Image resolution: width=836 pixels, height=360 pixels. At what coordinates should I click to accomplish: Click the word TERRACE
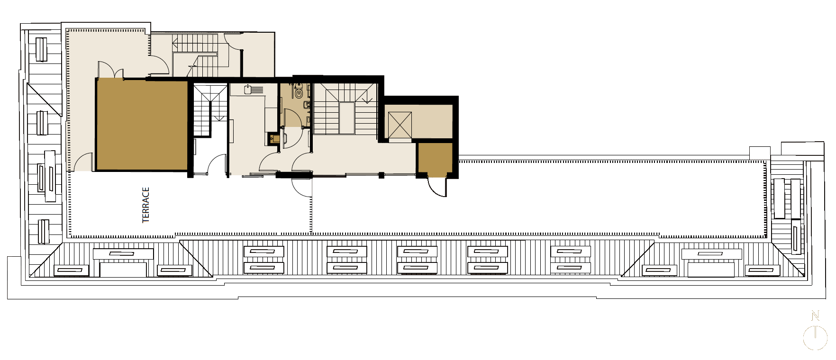click(x=146, y=205)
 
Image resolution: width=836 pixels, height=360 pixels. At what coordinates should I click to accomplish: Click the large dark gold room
click(x=142, y=125)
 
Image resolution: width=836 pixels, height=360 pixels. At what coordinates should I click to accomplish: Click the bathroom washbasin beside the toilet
click(x=307, y=105)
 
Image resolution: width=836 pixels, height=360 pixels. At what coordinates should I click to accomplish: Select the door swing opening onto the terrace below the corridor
click(x=301, y=187)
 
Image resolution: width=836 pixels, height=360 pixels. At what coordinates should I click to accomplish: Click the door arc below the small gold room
click(x=436, y=187)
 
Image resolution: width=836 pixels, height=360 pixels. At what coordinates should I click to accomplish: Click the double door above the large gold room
click(x=110, y=69)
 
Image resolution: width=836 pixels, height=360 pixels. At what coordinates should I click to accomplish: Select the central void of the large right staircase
click(x=346, y=118)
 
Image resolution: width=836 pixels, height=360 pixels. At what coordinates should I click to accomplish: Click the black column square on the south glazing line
click(x=382, y=176)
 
